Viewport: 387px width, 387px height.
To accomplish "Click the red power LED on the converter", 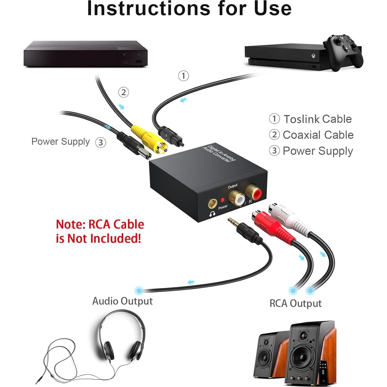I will point(223,200).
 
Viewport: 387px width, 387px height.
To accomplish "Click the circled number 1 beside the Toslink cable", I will point(183,76).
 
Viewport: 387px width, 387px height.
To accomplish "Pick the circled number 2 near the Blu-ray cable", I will point(123,92).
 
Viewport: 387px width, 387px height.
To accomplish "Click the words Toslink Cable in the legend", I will point(318,119).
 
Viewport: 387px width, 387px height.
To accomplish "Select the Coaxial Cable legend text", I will point(318,135).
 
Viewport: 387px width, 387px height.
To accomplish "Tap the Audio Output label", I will point(122,301).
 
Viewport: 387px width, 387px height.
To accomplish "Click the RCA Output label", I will point(296,304).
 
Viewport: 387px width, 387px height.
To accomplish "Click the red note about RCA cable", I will point(100,231).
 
